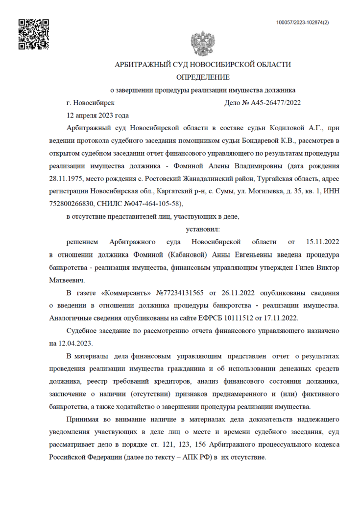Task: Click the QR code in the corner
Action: coord(34,34)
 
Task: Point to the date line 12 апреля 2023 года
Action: coord(97,115)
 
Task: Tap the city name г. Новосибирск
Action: coord(90,103)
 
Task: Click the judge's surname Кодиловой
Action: coord(289,128)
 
